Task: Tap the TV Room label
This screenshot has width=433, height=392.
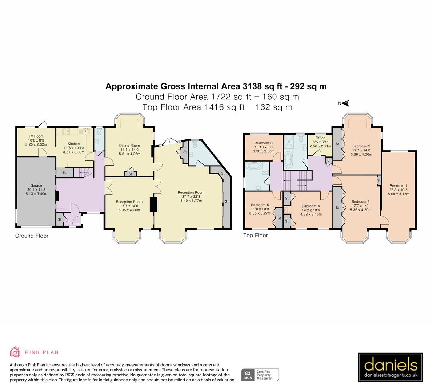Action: [36, 136]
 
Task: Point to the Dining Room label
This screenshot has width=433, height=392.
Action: [129, 146]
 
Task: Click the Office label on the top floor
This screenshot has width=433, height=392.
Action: [320, 138]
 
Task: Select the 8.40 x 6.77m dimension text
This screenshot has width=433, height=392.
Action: [191, 201]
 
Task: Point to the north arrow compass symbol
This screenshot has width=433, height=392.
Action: [344, 103]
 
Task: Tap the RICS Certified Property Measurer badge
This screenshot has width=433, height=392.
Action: [260, 375]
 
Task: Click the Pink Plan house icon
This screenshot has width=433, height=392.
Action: [15, 352]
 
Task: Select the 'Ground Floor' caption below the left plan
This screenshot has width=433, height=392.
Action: [32, 236]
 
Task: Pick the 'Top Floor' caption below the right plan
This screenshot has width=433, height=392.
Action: [255, 236]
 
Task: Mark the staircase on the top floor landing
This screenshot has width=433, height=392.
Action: [296, 177]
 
